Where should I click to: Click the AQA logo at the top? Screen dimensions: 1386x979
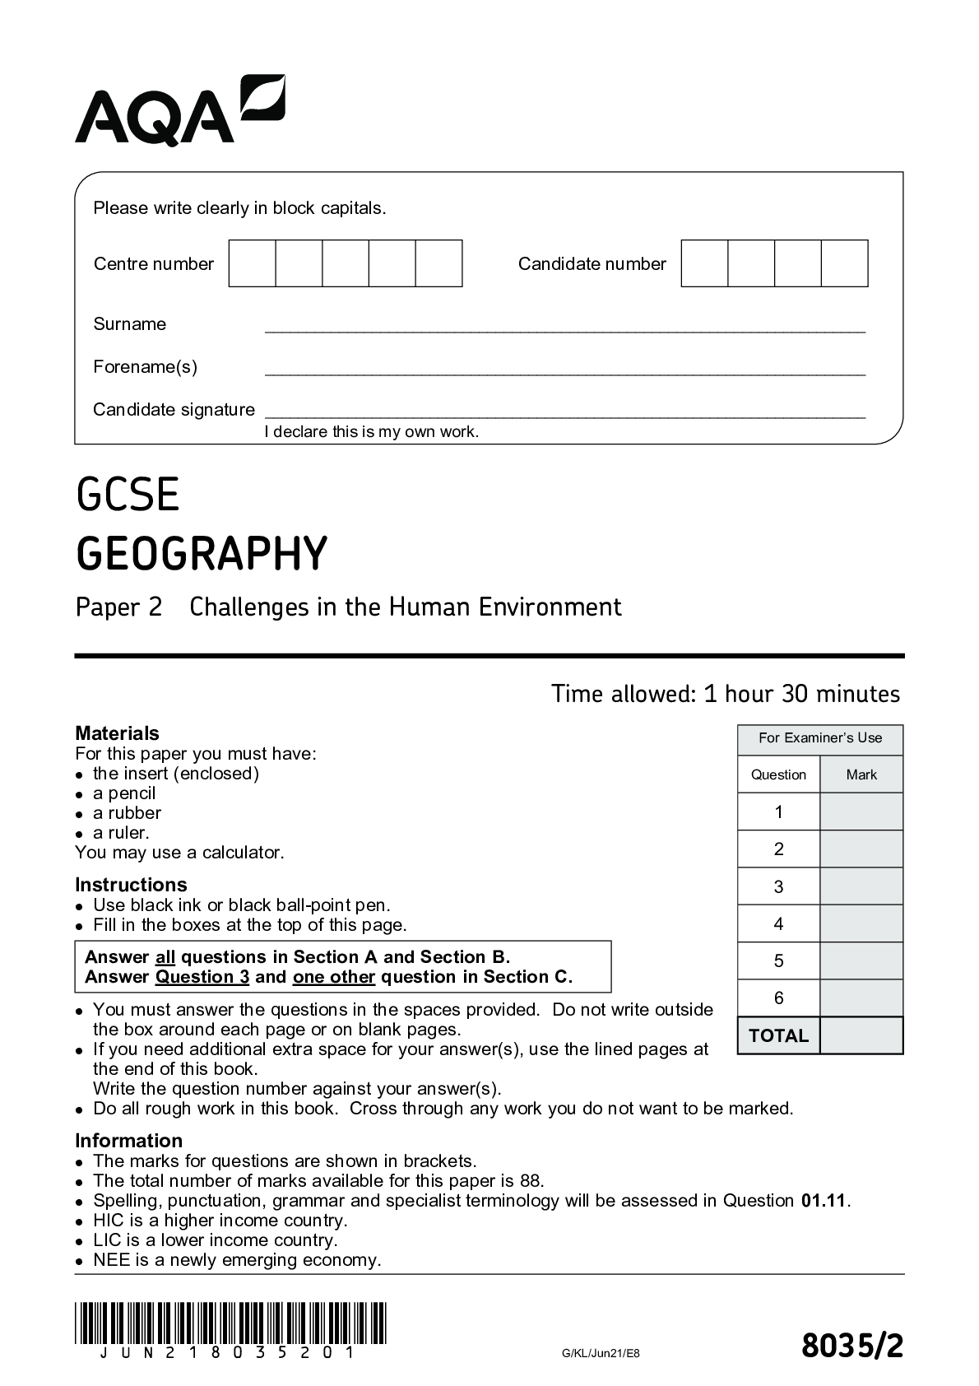pyautogui.click(x=179, y=110)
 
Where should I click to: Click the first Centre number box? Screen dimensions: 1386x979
pyautogui.click(x=252, y=263)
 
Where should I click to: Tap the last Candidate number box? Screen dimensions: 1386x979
pyautogui.click(x=845, y=263)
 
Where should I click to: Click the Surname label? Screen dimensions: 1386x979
pyautogui.click(x=129, y=324)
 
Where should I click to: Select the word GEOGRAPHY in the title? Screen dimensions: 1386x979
pyautogui.click(x=202, y=553)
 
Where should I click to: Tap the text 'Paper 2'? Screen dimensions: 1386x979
pyautogui.click(x=118, y=607)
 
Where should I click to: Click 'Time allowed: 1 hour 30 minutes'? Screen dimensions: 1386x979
pyautogui.click(x=725, y=694)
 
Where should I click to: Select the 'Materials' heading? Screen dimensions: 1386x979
pyautogui.click(x=117, y=733)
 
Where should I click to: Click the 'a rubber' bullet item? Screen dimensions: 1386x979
pyautogui.click(x=127, y=813)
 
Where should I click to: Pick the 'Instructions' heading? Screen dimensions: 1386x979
pyautogui.click(x=131, y=885)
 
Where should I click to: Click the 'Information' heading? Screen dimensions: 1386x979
pyautogui.click(x=128, y=1141)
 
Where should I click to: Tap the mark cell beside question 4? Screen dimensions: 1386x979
pyautogui.click(x=861, y=923)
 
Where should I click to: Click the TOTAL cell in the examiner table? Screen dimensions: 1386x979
pyautogui.click(x=778, y=1035)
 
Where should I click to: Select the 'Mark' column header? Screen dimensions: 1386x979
pyautogui.click(x=861, y=774)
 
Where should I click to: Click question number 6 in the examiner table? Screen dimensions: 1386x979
pyautogui.click(x=778, y=998)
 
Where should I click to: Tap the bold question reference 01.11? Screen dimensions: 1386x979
pyautogui.click(x=823, y=1201)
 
